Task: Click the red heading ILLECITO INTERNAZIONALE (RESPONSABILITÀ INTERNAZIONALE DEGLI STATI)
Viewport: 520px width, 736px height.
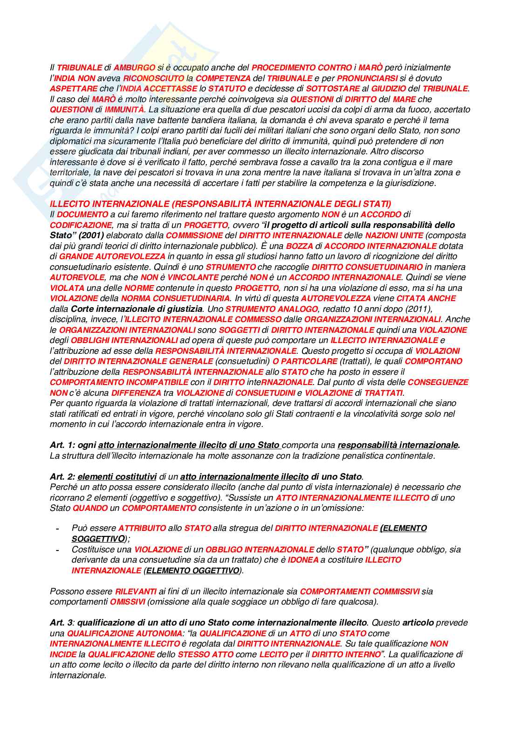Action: click(x=220, y=204)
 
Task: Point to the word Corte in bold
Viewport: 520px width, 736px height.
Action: click(x=82, y=309)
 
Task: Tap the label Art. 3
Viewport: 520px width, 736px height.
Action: click(x=62, y=623)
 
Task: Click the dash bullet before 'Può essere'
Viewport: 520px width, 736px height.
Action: click(x=57, y=529)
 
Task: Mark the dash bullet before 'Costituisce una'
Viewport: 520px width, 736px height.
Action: click(x=57, y=550)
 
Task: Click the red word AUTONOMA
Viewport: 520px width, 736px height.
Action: click(x=158, y=633)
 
